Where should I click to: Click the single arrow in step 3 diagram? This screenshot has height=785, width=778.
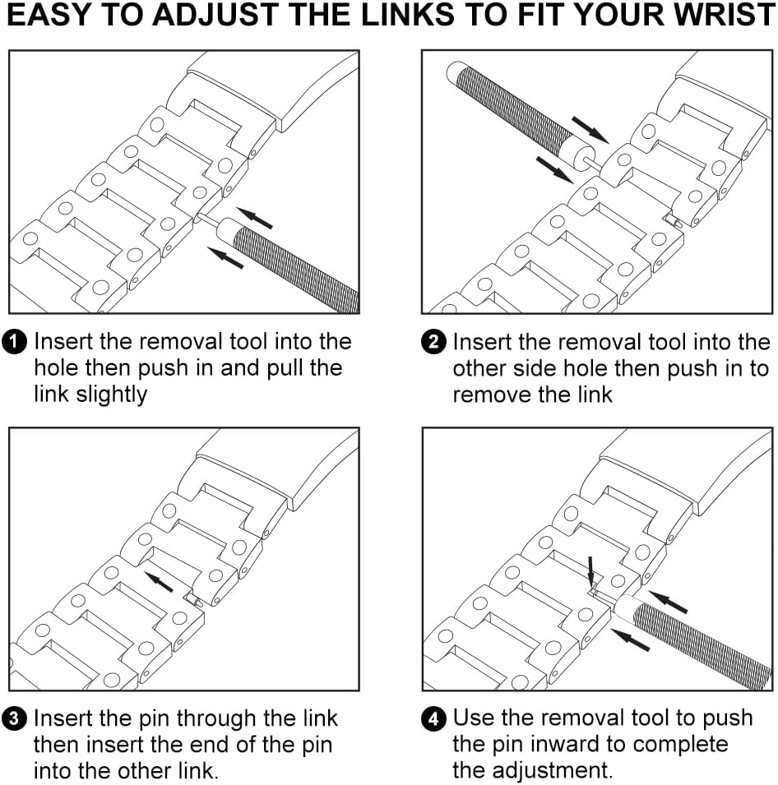(x=159, y=580)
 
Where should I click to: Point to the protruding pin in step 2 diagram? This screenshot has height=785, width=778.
(x=673, y=220)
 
